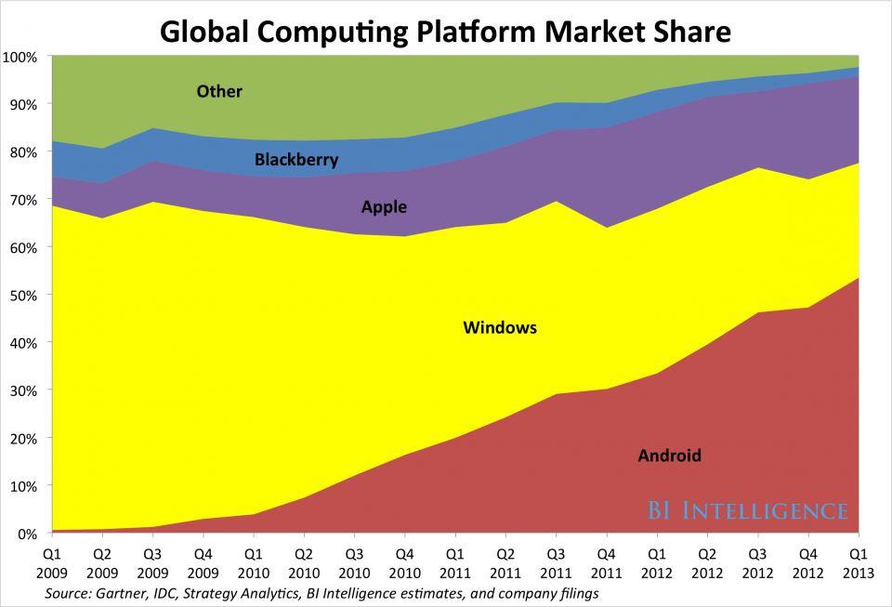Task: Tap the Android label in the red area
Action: pyautogui.click(x=669, y=455)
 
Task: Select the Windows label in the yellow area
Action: pyautogui.click(x=500, y=328)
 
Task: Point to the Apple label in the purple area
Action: pyautogui.click(x=384, y=207)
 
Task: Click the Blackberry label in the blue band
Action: pyautogui.click(x=296, y=160)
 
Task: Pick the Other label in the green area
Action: pyautogui.click(x=219, y=91)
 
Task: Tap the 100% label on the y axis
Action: pyautogui.click(x=20, y=57)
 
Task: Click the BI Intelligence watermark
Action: pyautogui.click(x=747, y=511)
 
